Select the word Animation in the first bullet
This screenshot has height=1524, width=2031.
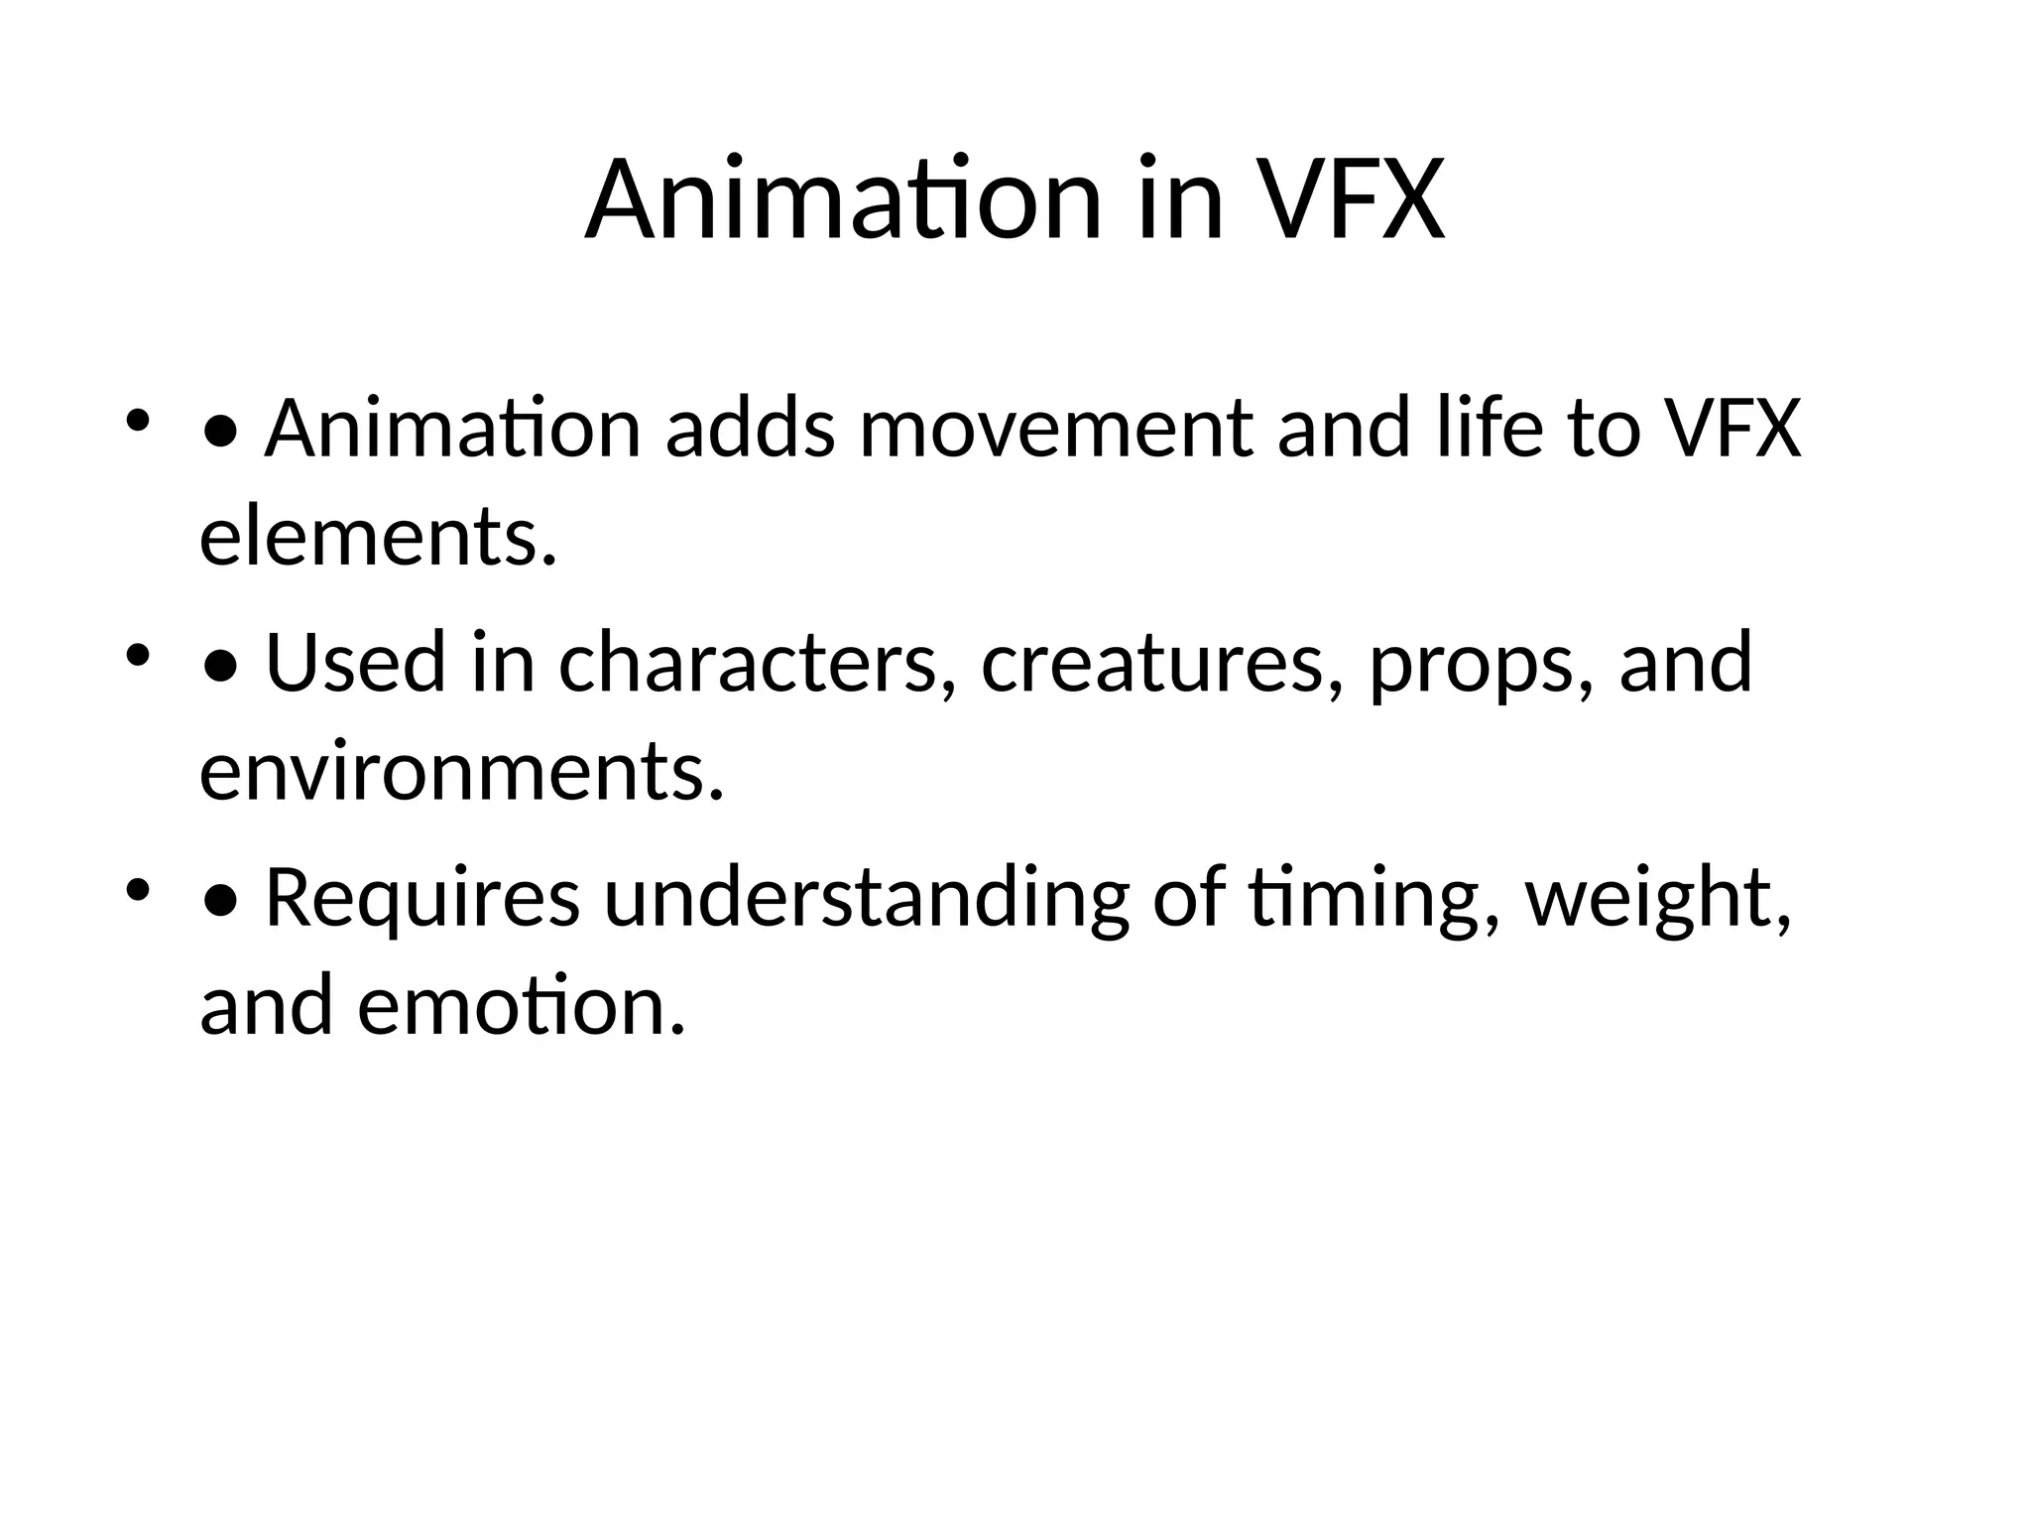tap(453, 429)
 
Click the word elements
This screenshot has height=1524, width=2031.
tap(378, 537)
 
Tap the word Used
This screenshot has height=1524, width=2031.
tap(356, 663)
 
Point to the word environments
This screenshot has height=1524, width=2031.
tap(462, 771)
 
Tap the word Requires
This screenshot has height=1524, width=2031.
tap(422, 898)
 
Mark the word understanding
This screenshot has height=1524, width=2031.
tap(866, 898)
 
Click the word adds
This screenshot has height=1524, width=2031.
tap(751, 429)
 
